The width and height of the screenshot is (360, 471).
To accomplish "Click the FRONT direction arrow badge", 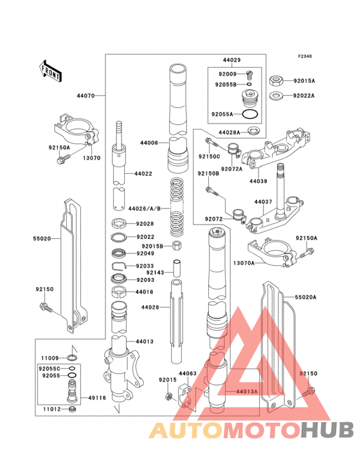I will [51, 71].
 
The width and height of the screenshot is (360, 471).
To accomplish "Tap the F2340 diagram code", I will [304, 57].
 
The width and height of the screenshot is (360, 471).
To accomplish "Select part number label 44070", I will [86, 96].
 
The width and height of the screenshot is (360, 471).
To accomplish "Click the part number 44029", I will [231, 60].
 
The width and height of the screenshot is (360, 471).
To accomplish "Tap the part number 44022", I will [143, 174].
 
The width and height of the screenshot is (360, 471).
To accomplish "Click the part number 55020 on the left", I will [42, 238].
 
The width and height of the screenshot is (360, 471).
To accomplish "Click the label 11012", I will [51, 409].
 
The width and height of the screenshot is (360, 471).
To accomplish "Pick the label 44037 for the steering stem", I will [264, 202].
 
